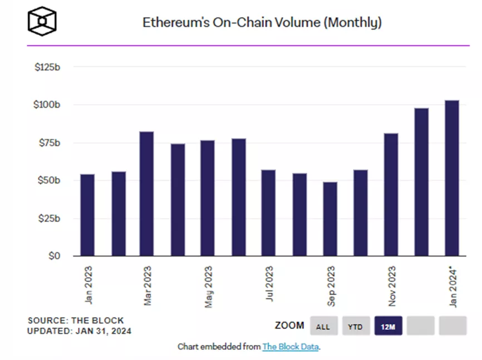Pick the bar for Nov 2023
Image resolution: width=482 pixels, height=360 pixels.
point(391,194)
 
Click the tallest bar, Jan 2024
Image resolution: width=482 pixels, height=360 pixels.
point(451,178)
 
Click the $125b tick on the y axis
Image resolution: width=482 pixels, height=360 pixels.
point(47,67)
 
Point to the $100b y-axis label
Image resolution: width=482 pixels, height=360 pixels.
point(47,105)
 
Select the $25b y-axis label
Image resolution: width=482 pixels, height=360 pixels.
point(50,218)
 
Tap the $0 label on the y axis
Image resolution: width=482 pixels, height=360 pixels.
point(54,256)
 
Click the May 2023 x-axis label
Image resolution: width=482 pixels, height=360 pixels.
point(209,287)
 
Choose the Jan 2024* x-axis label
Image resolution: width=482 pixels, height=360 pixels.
point(453,287)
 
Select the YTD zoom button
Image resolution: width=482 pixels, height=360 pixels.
point(355,327)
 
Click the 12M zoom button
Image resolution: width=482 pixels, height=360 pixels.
point(388,327)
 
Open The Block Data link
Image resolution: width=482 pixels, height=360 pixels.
point(291,347)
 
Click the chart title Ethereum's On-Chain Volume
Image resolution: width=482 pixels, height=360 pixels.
point(262,23)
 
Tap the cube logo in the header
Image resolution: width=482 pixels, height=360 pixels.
point(42,20)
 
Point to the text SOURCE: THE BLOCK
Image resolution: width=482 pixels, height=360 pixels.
point(76,320)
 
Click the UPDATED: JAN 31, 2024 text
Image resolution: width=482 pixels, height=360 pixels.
point(80,331)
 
